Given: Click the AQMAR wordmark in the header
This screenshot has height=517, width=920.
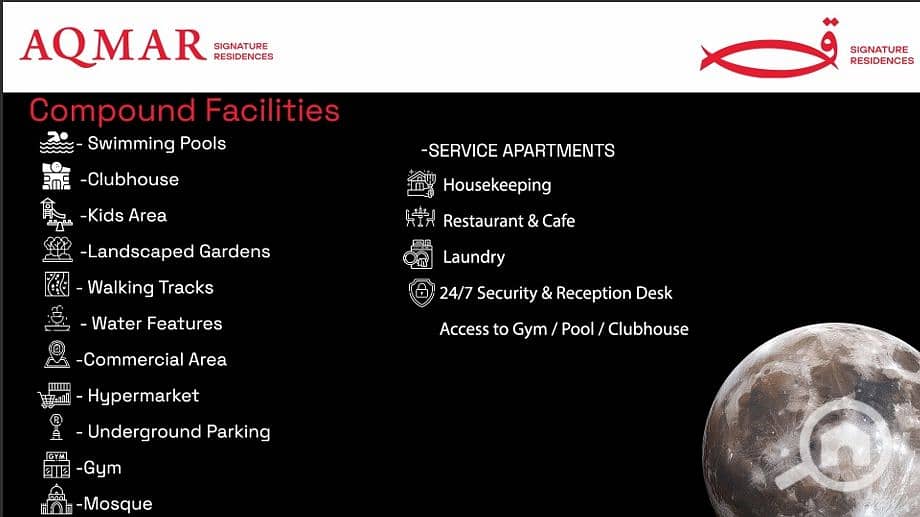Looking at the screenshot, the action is tap(113, 46).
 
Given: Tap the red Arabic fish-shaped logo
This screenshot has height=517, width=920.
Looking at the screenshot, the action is tap(769, 50).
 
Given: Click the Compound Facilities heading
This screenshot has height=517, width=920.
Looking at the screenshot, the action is tap(184, 110).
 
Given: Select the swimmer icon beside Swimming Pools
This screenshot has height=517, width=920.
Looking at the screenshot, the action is tap(56, 143).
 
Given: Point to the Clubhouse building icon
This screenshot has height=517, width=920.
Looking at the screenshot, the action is tap(56, 176).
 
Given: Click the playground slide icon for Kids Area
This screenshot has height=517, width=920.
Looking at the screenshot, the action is tap(56, 214).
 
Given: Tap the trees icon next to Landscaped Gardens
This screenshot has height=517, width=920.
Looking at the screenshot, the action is tap(58, 249).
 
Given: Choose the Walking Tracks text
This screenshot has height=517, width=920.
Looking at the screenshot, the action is tap(150, 288).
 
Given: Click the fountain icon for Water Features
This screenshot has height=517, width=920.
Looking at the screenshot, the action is tap(57, 319).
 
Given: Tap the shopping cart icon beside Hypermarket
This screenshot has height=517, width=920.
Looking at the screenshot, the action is tap(54, 395).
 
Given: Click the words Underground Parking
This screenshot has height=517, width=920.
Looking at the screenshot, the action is tap(179, 432).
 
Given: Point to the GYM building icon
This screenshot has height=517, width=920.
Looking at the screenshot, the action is tap(56, 465).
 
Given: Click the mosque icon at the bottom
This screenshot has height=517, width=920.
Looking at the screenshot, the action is tap(56, 500).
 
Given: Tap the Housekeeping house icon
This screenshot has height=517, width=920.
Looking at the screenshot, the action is tap(421, 184).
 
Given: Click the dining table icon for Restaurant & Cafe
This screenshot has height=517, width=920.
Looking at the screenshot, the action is tap(420, 218).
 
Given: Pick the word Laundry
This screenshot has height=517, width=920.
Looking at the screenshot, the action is tap(473, 257).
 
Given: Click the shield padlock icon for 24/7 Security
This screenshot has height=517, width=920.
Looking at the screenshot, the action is tap(421, 292).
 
